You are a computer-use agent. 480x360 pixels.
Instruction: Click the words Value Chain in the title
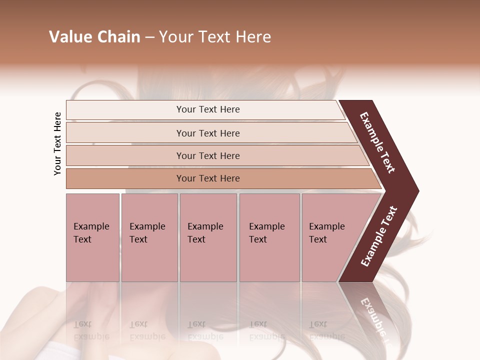(94, 37)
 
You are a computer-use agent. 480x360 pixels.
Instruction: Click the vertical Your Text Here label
(57, 143)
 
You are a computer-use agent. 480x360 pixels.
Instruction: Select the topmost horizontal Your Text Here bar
(207, 109)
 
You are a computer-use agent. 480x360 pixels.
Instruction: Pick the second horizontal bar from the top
(207, 133)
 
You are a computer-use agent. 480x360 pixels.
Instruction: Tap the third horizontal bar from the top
(207, 155)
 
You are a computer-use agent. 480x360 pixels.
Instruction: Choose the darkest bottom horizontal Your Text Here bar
(207, 178)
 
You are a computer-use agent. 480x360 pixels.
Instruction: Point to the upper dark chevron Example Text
(378, 143)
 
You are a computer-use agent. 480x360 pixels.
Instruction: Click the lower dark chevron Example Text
(379, 236)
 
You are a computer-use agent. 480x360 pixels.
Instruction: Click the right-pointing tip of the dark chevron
(416, 191)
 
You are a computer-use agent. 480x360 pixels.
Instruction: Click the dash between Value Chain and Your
(149, 37)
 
